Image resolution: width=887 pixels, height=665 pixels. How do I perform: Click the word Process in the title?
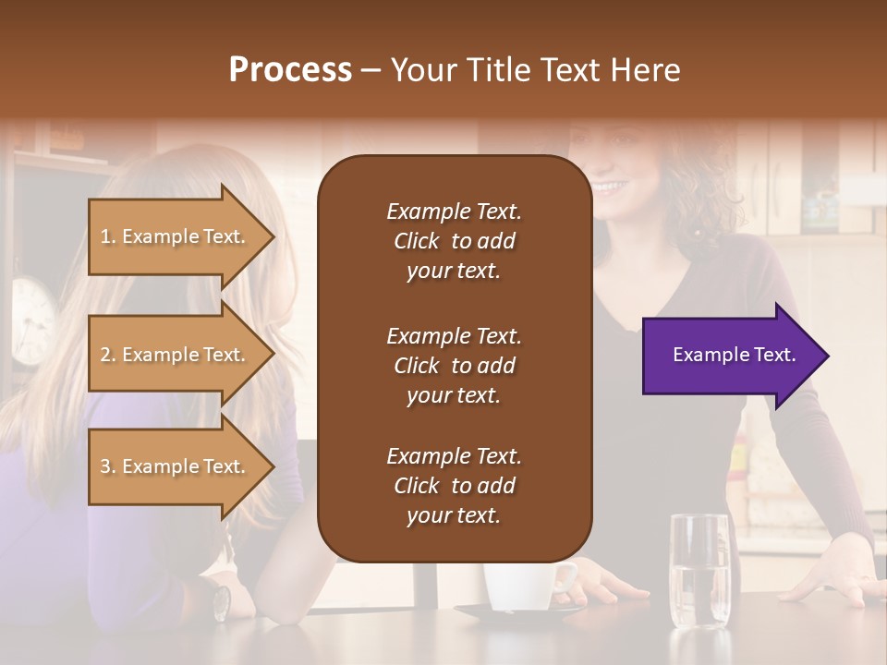pyautogui.click(x=290, y=70)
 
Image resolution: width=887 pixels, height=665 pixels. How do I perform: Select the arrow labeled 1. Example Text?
pyautogui.click(x=176, y=236)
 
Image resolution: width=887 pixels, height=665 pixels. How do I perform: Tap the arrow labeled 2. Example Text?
pyautogui.click(x=176, y=355)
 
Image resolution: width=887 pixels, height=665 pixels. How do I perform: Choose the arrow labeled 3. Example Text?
pyautogui.click(x=176, y=466)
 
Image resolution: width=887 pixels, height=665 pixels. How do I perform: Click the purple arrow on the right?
pyautogui.click(x=730, y=355)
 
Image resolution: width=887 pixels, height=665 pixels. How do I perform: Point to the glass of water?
pyautogui.click(x=699, y=573)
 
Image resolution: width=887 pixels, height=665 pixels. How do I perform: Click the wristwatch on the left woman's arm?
pyautogui.click(x=222, y=602)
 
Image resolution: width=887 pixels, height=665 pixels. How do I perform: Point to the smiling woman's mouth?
pyautogui.click(x=608, y=188)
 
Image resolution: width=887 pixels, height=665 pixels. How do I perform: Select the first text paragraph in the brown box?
pyautogui.click(x=454, y=241)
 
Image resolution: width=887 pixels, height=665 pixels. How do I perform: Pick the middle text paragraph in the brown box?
pyautogui.click(x=454, y=366)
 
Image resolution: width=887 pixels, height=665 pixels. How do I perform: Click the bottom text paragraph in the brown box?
pyautogui.click(x=454, y=486)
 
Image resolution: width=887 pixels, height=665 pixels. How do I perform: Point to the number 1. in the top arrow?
pyautogui.click(x=108, y=237)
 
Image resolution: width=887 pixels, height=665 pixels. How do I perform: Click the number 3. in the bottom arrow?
pyautogui.click(x=108, y=467)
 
